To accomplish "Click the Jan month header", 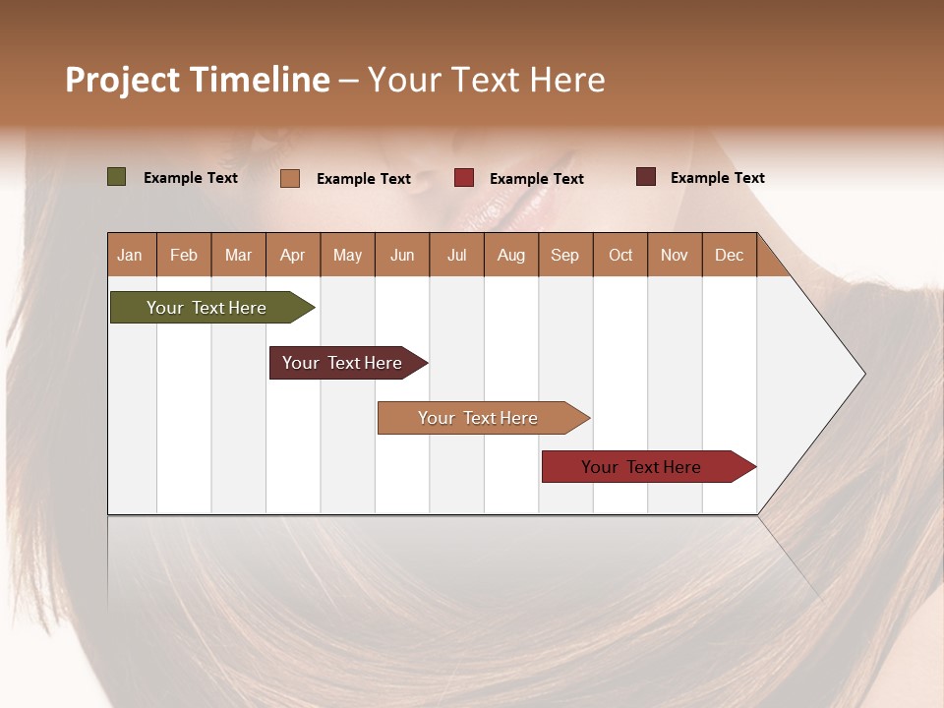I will point(130,255).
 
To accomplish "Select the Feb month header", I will point(184,255).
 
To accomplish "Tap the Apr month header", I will point(292,255).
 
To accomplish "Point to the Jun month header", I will point(402,255).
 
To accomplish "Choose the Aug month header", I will point(510,255).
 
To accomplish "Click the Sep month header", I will point(564,255).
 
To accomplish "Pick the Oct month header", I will point(620,255).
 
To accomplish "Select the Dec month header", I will point(729,255).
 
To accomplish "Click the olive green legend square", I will point(116,177).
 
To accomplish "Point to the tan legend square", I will point(289,178).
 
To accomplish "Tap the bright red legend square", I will point(464,178).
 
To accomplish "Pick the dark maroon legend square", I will point(645,177).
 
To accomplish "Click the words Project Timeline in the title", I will point(198,80).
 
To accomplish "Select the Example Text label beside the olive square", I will point(191,178).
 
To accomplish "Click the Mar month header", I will point(238,255).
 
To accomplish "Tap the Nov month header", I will point(674,255).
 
